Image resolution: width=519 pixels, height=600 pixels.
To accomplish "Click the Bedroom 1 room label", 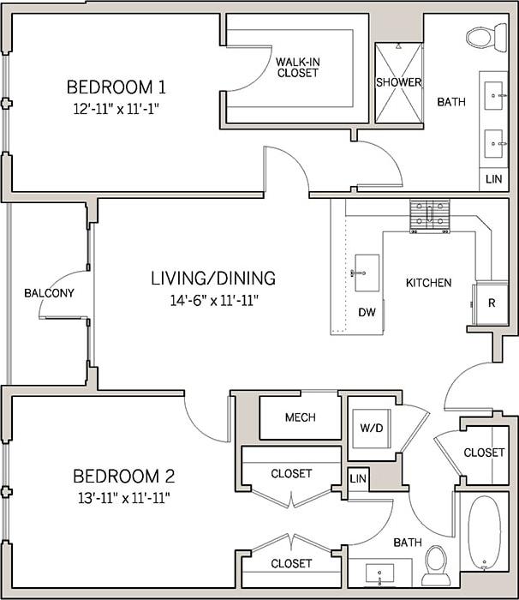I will [116, 87].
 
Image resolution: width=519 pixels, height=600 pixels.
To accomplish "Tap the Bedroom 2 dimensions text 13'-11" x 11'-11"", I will [116, 497].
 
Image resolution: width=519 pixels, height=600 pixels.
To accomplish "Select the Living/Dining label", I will [212, 278].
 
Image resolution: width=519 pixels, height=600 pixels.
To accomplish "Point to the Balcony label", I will [49, 293].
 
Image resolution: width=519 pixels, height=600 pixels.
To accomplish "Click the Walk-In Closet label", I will [297, 68].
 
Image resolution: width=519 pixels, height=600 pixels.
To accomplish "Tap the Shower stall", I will [398, 81].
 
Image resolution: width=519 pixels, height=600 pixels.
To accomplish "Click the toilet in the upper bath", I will [486, 37].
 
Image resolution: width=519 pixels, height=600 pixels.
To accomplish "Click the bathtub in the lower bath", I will [484, 531].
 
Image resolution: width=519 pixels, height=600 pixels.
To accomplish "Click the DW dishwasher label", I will [366, 313].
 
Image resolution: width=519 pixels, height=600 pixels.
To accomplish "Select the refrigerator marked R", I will [492, 303].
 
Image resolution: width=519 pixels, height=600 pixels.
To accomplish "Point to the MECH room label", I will [300, 417].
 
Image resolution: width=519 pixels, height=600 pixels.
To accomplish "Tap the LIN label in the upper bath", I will [493, 179].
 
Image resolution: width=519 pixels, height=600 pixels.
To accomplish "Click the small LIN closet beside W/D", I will [358, 477].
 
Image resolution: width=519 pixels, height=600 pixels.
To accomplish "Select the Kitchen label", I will [428, 283].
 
